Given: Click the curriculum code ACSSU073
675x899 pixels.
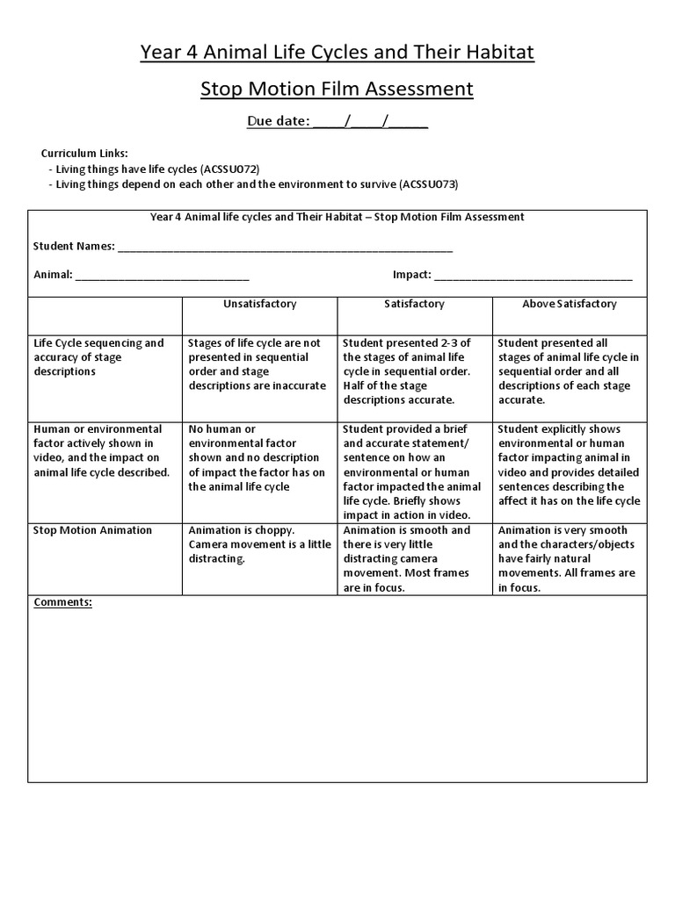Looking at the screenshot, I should coord(430,184).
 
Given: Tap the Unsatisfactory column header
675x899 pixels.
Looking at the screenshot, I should coord(259,304).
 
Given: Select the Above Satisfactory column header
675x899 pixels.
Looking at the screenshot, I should coord(570,304).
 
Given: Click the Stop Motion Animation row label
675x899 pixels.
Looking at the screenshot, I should coord(92,530).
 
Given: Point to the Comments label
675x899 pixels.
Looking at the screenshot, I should coord(62,602).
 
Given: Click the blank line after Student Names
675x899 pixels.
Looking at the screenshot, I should coord(285,247).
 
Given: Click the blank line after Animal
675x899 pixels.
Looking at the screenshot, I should coord(163,275).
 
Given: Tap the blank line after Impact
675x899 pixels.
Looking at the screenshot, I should coord(533,275).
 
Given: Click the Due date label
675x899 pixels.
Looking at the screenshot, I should coord(278,121).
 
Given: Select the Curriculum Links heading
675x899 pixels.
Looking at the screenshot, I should coord(84,153).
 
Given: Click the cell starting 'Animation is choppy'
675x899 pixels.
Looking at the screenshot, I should coord(259,544).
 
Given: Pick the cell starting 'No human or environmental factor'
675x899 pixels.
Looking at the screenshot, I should coord(259,457).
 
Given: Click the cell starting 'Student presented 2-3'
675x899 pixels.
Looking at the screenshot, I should coord(414,371).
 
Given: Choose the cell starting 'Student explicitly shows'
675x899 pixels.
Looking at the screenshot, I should coord(570,464).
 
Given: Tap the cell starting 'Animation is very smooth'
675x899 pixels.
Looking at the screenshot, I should coord(570,558).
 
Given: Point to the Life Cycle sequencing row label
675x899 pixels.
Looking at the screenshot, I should coord(98,357).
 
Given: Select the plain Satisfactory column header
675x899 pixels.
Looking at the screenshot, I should coord(414,304).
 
